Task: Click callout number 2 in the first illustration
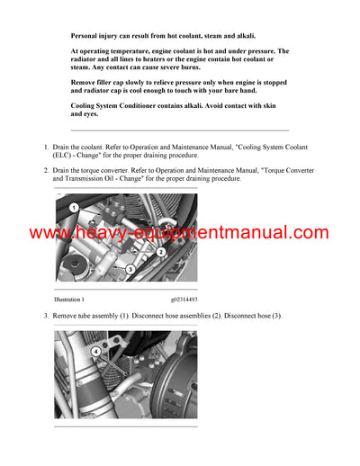click(x=160, y=252)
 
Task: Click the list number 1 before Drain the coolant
click(x=47, y=146)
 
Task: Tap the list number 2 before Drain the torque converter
click(x=47, y=169)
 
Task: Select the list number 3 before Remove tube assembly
click(x=47, y=316)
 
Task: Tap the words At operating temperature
click(x=112, y=52)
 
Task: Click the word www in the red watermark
click(x=47, y=233)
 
